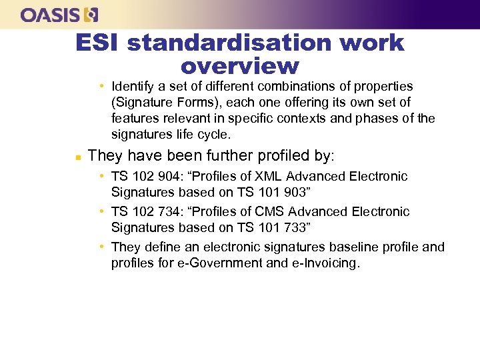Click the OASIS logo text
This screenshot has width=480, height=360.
(x=51, y=14)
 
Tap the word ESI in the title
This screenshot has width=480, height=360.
(x=97, y=43)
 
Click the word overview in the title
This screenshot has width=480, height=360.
(x=239, y=66)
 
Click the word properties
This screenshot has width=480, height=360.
(x=383, y=87)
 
